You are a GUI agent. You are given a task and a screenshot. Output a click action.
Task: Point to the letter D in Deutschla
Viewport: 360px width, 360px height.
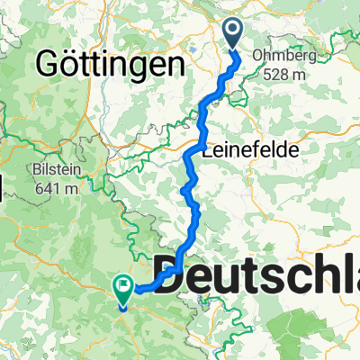pyautogui.click(x=177, y=274)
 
